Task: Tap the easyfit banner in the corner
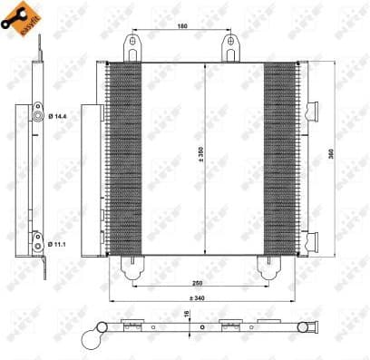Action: pos(18,17)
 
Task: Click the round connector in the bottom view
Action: pos(91,337)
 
